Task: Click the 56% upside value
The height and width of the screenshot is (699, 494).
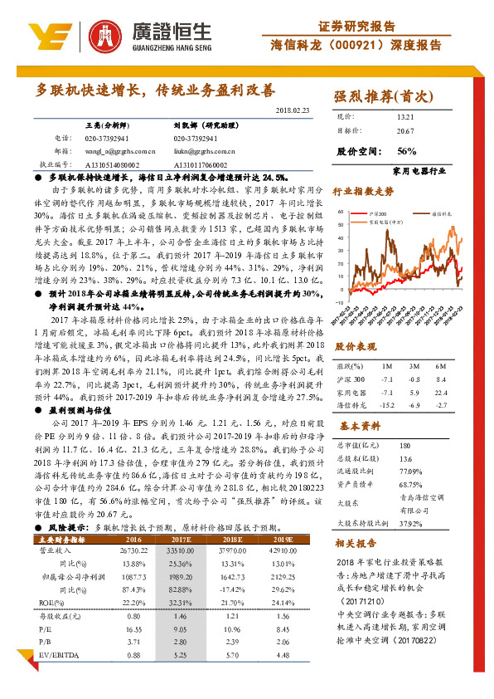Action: click(x=406, y=151)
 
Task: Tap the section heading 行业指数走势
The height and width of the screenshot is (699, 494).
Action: click(x=363, y=191)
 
